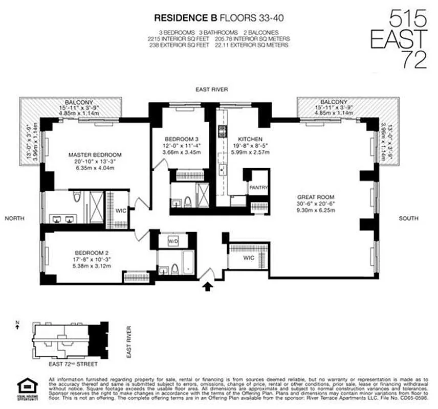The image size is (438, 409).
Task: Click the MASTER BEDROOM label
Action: (96, 154)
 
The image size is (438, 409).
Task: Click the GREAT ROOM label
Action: (316, 196)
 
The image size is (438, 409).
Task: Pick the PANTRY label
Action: (258, 188)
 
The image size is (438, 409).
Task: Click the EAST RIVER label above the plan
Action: (211, 89)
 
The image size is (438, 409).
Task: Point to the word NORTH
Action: (15, 218)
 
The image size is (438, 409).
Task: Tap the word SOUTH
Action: (409, 218)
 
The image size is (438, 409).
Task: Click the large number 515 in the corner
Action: (408, 20)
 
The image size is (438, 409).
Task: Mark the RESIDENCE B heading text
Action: (186, 18)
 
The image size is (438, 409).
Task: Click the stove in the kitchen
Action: (223, 131)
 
